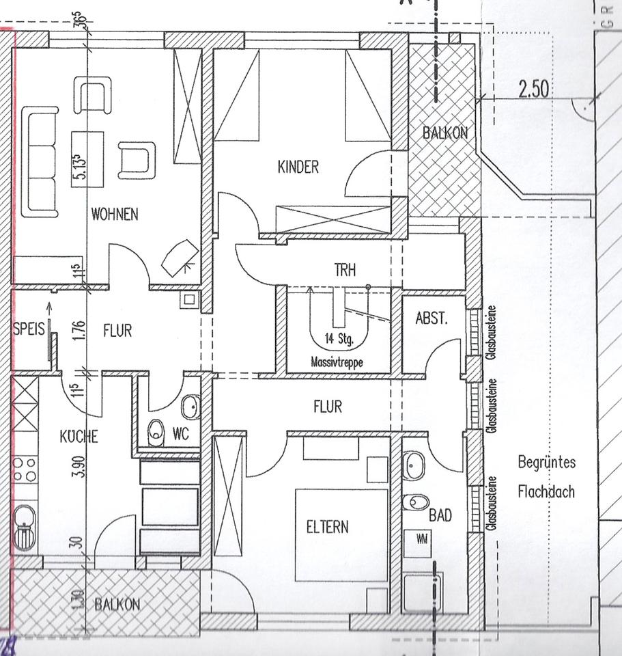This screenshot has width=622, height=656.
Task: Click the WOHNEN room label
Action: click(115, 214)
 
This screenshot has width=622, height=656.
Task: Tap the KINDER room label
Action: click(298, 166)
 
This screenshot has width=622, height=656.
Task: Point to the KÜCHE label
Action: click(79, 436)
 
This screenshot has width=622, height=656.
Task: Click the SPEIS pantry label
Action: click(28, 329)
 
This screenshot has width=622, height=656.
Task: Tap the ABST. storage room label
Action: click(432, 318)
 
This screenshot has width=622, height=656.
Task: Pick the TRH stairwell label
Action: click(345, 270)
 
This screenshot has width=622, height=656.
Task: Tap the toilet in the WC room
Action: click(156, 433)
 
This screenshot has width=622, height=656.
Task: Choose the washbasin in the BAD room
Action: click(413, 467)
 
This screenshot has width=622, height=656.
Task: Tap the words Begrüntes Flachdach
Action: click(546, 476)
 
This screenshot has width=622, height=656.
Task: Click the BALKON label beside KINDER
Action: click(445, 133)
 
